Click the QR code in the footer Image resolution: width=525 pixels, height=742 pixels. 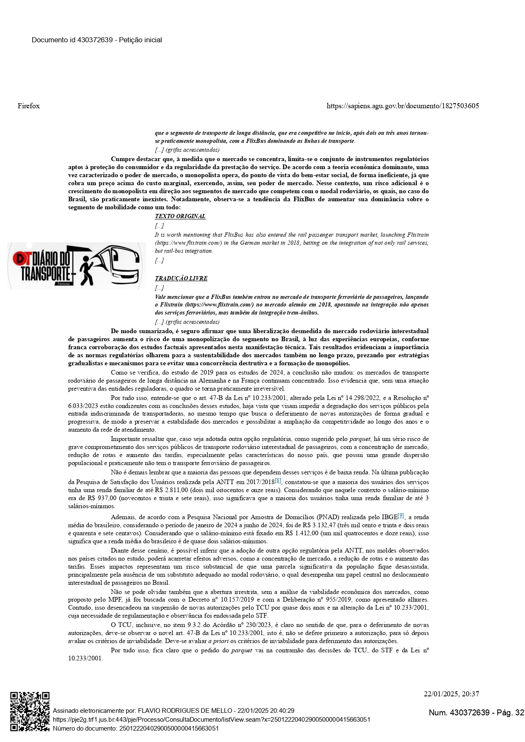(30, 711)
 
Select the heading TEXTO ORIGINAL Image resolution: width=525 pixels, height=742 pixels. (180, 216)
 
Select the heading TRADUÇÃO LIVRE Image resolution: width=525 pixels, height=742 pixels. (181, 278)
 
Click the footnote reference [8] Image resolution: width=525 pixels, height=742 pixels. (278, 480)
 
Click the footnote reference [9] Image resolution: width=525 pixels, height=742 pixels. (401, 515)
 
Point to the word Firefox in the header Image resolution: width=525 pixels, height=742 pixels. (29, 106)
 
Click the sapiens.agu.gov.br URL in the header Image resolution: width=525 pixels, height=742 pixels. (403, 106)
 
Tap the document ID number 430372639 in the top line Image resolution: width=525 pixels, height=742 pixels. (95, 40)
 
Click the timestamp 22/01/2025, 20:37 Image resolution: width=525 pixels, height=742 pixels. (451, 694)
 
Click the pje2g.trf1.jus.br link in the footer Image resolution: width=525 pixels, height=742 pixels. (211, 719)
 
